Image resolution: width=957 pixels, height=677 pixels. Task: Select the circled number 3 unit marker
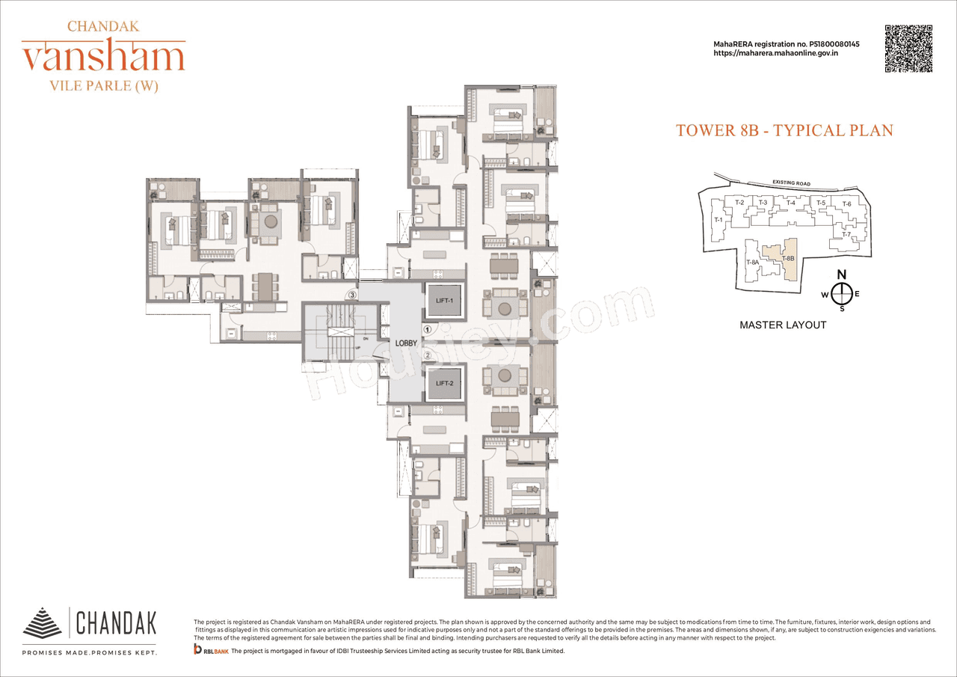pos(351,295)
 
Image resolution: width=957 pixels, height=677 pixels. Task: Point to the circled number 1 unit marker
pos(427,328)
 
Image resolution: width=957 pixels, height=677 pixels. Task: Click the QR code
pos(909,49)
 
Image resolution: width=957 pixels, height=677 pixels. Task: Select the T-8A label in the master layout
pos(753,262)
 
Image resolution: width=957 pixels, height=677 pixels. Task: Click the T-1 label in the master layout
pos(718,220)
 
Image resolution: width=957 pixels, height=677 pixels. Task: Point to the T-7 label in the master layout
pos(847,235)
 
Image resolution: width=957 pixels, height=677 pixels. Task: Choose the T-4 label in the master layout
pos(790,203)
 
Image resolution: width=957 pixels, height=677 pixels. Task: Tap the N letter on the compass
pos(841,274)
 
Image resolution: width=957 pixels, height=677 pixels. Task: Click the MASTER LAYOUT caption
pos(782,325)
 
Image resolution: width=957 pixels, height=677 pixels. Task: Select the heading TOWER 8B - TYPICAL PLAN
pos(784,130)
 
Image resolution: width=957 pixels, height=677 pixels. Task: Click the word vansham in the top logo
pos(103,57)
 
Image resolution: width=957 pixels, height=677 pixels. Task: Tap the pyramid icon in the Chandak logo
pos(43,623)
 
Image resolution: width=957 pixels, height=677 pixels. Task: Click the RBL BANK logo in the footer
pos(211,652)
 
